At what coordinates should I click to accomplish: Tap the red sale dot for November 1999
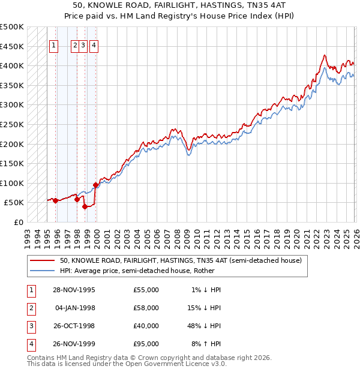(x=95, y=185)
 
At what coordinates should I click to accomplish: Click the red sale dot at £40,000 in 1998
(x=85, y=206)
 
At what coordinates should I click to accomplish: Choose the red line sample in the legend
(x=43, y=260)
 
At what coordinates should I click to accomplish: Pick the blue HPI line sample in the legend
(x=43, y=271)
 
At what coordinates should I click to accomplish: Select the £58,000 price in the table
(x=146, y=308)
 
